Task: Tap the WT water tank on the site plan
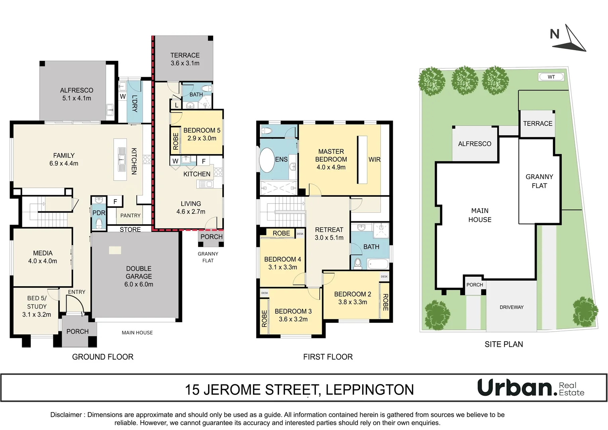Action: pyautogui.click(x=551, y=77)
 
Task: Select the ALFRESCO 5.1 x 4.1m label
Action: pyautogui.click(x=76, y=94)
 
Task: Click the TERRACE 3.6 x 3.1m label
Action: pyautogui.click(x=185, y=59)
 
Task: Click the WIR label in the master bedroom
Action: pyautogui.click(x=374, y=160)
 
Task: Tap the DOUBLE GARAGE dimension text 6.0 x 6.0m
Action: pyautogui.click(x=139, y=284)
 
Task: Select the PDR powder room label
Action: pyautogui.click(x=99, y=213)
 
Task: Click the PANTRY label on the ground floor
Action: pyautogui.click(x=130, y=215)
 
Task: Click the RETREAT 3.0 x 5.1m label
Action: pyautogui.click(x=329, y=234)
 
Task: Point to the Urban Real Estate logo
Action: pyautogui.click(x=530, y=388)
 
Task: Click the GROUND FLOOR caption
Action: pyautogui.click(x=103, y=357)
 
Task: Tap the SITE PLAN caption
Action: pyautogui.click(x=504, y=344)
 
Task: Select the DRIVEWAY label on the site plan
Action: pyautogui.click(x=512, y=307)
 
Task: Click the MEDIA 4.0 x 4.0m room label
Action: pyautogui.click(x=43, y=257)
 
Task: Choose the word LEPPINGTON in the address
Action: pyautogui.click(x=370, y=390)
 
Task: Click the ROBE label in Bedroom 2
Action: pyautogui.click(x=385, y=302)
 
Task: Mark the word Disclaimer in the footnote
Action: pyautogui.click(x=66, y=415)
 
